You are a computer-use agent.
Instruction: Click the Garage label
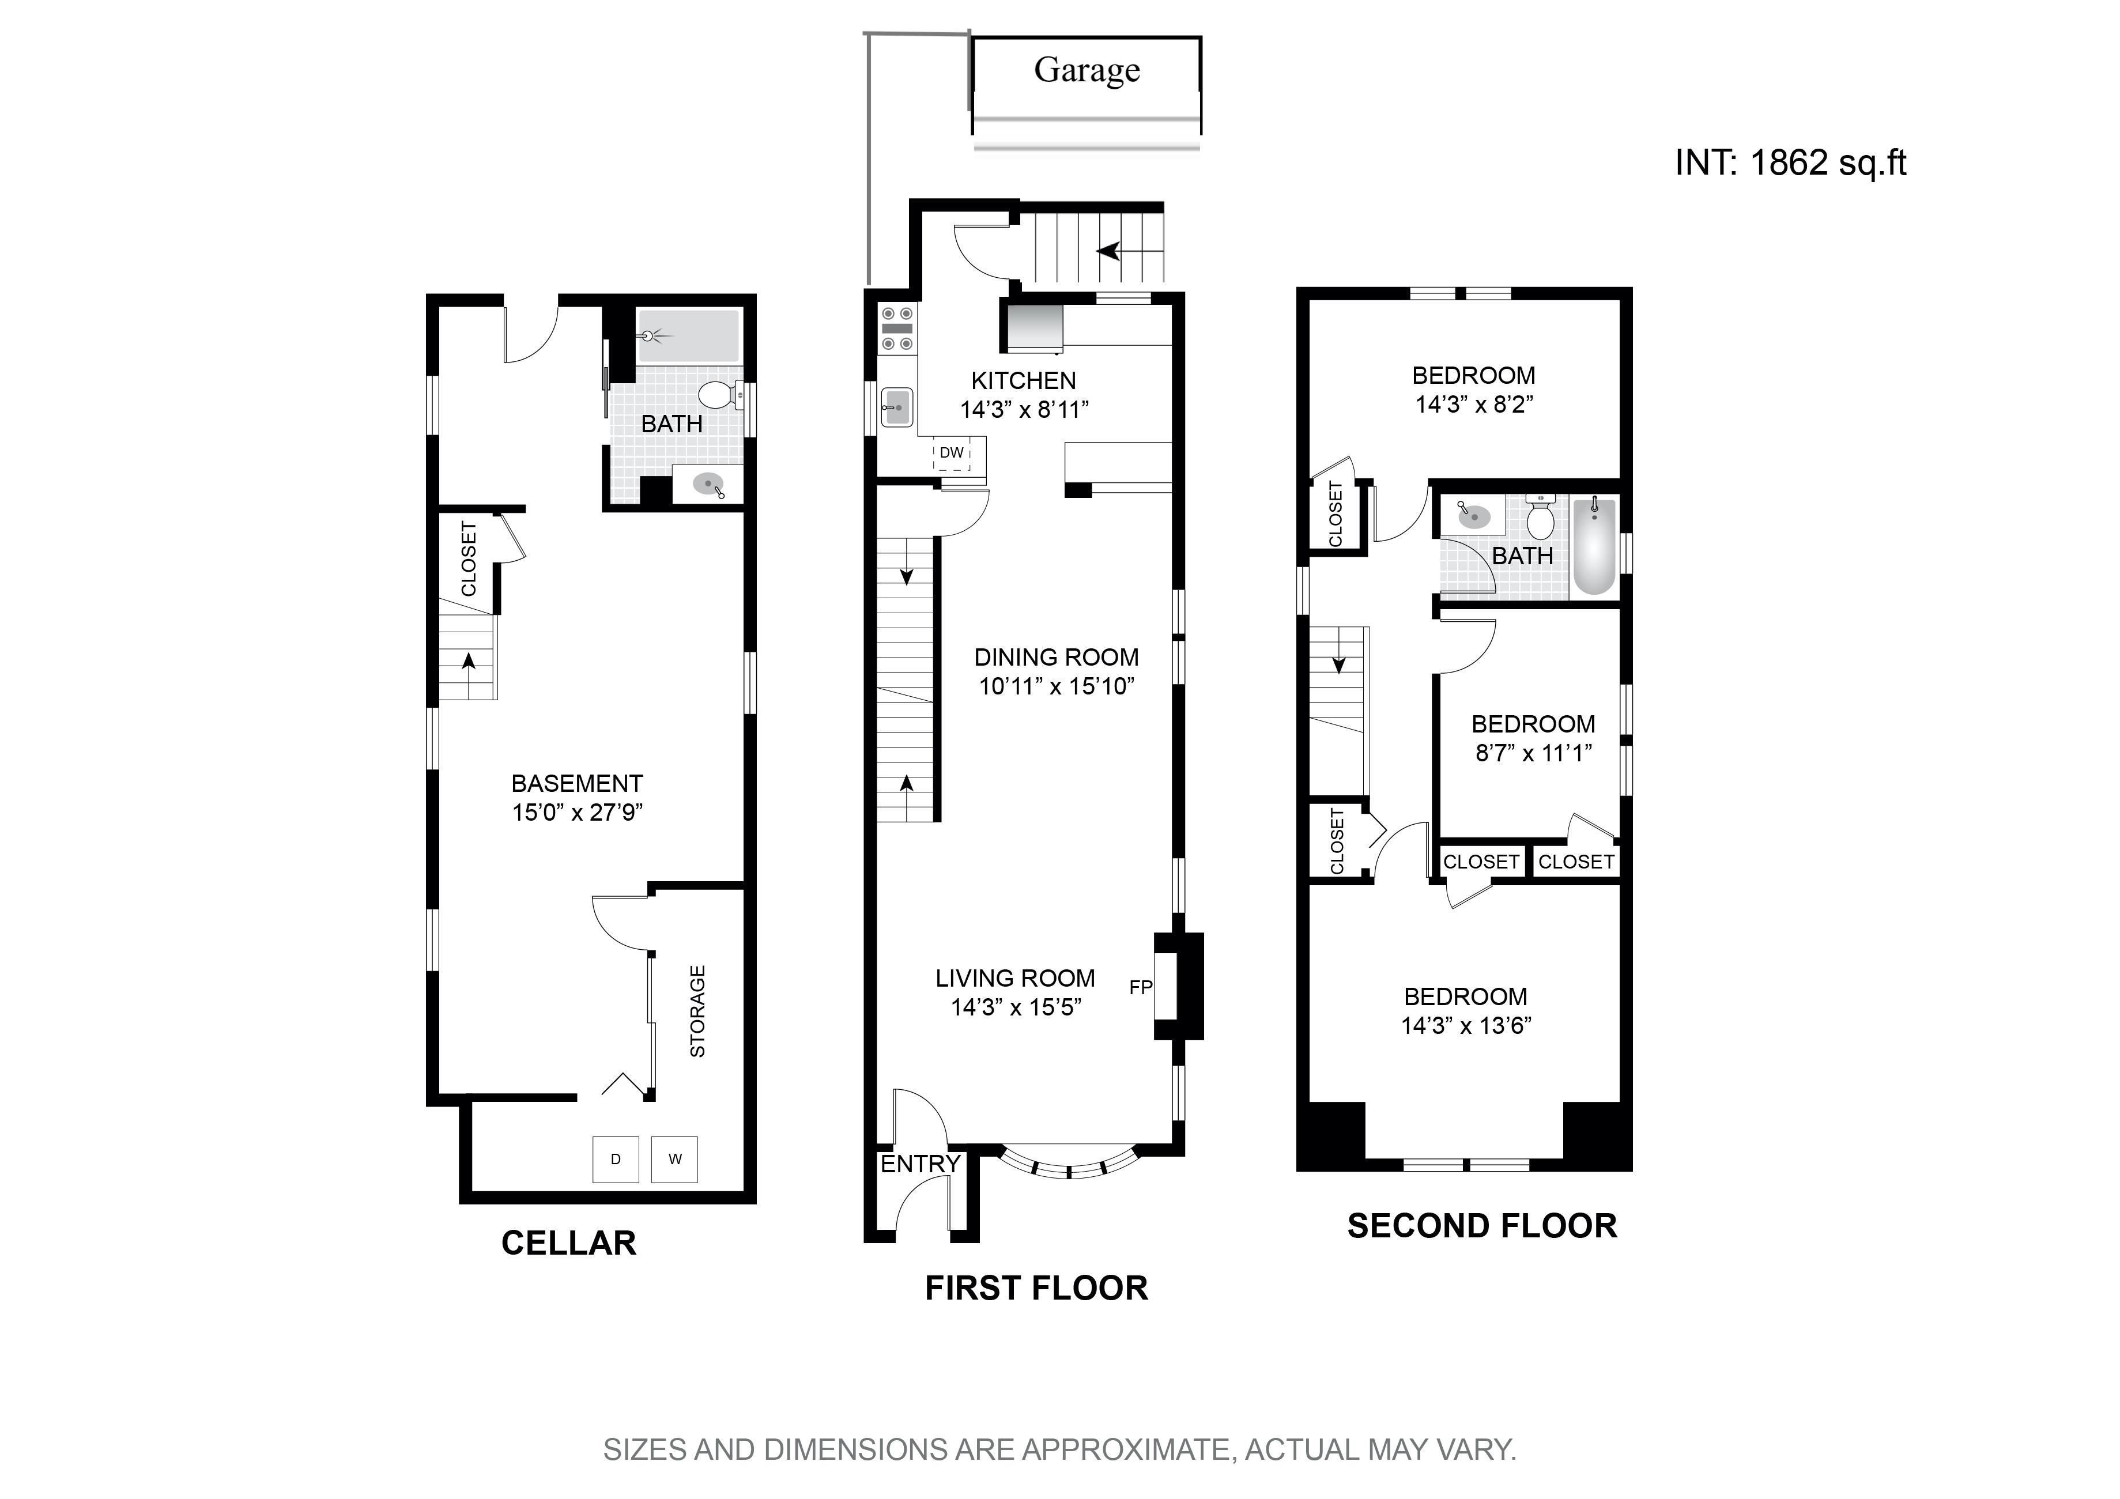tap(1087, 70)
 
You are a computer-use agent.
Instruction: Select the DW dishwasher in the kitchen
tap(952, 453)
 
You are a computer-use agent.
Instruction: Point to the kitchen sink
tap(896, 406)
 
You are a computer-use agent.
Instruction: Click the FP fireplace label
tap(1140, 988)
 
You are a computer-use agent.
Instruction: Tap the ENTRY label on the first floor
tap(920, 1164)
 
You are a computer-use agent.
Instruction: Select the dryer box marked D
tap(616, 1160)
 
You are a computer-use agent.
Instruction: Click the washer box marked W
tap(675, 1160)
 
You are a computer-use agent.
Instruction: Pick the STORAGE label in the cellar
tap(698, 1011)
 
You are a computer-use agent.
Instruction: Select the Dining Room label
tap(1057, 657)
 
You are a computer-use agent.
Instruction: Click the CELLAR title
tap(568, 1243)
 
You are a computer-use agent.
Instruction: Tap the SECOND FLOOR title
tap(1482, 1227)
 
